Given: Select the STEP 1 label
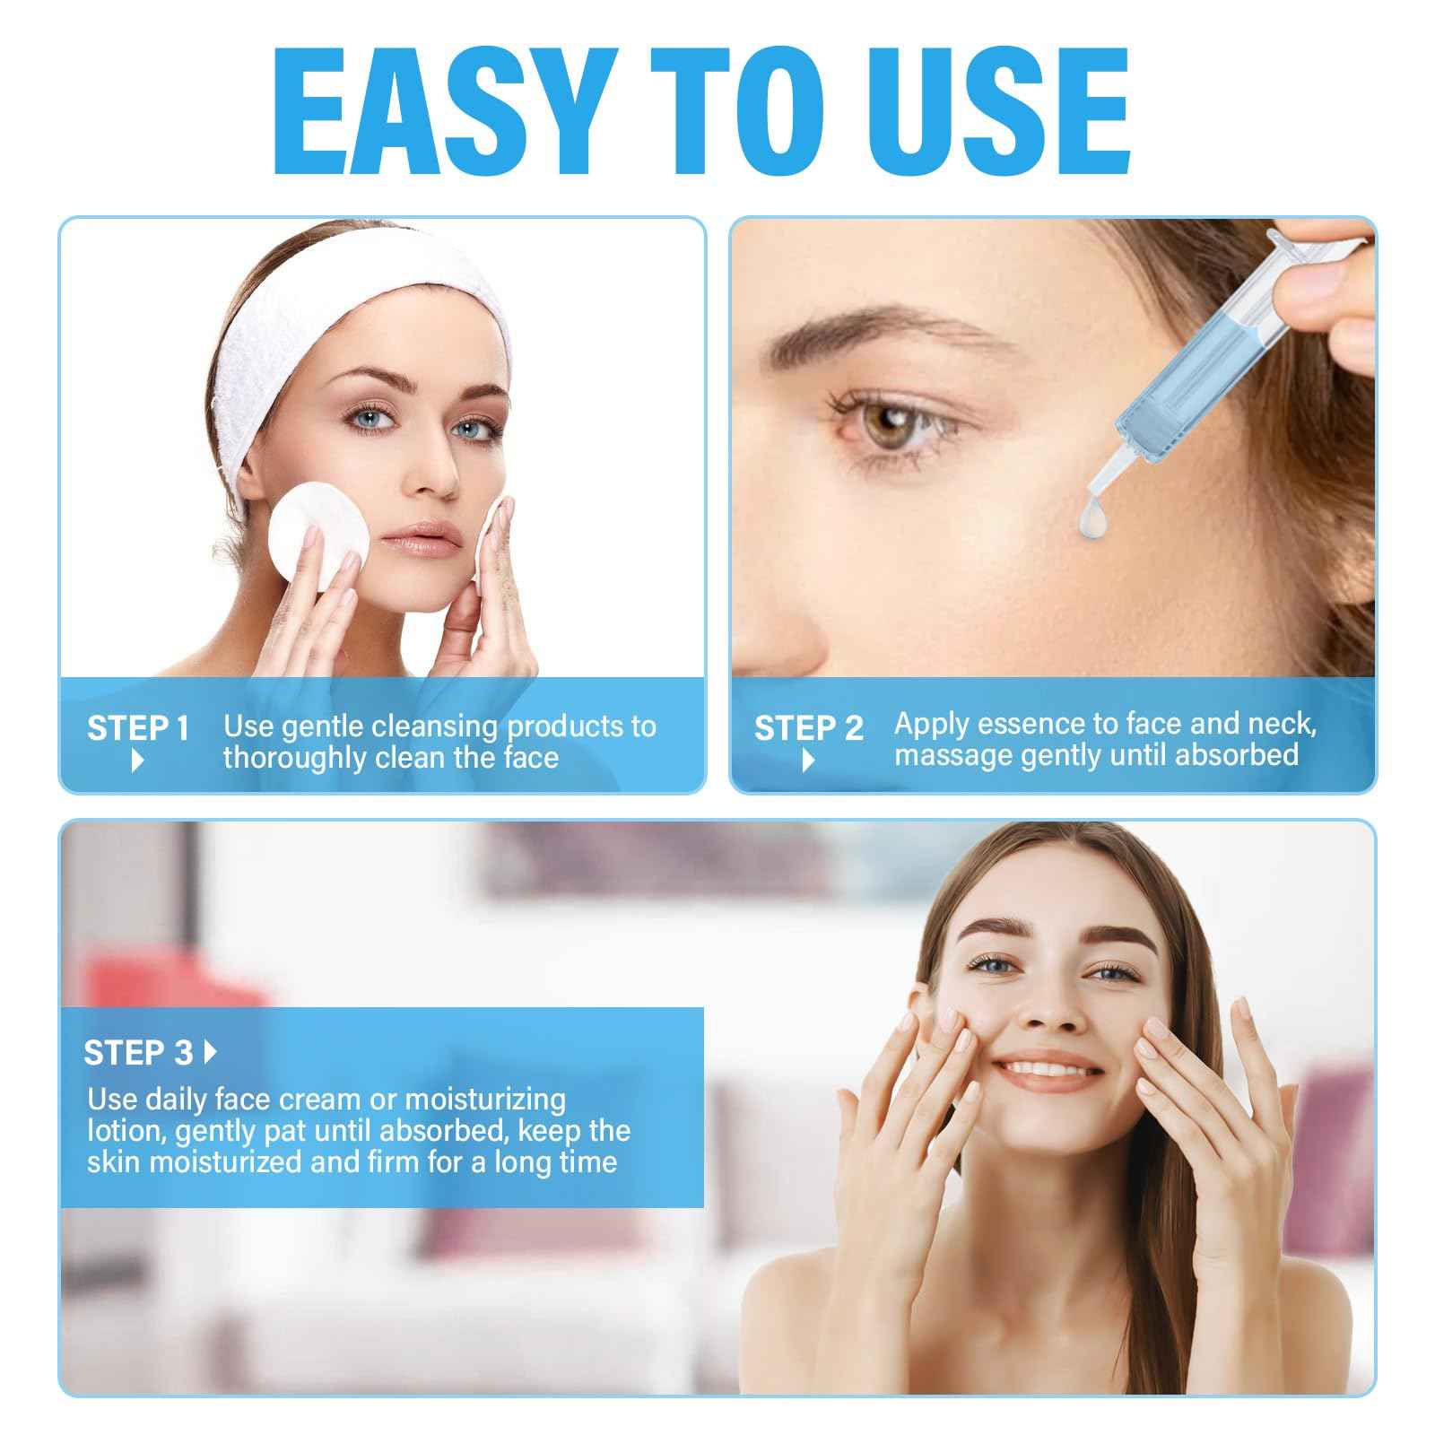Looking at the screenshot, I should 138,728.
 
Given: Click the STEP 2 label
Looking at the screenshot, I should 808,728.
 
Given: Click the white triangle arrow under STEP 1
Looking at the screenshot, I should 137,761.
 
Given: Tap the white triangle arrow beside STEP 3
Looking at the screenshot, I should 211,1052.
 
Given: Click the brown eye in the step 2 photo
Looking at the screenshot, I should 888,425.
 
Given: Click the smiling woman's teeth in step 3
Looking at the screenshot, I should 1049,1070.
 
